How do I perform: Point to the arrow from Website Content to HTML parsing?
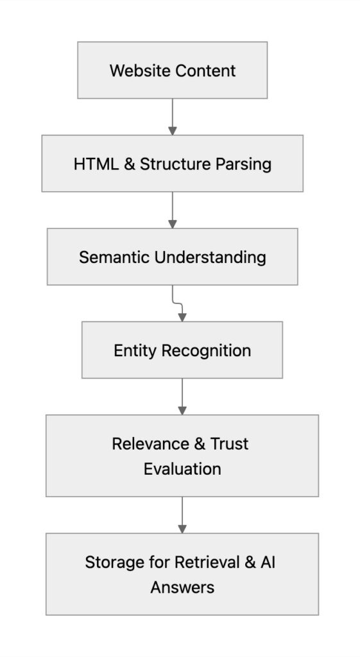tap(172, 116)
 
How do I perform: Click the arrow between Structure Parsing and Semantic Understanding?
tap(172, 210)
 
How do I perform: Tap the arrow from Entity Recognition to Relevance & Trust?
tap(182, 396)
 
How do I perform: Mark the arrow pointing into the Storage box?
tap(182, 515)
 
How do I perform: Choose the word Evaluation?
tap(182, 469)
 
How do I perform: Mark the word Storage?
tap(114, 563)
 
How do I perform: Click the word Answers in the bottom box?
tap(182, 587)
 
